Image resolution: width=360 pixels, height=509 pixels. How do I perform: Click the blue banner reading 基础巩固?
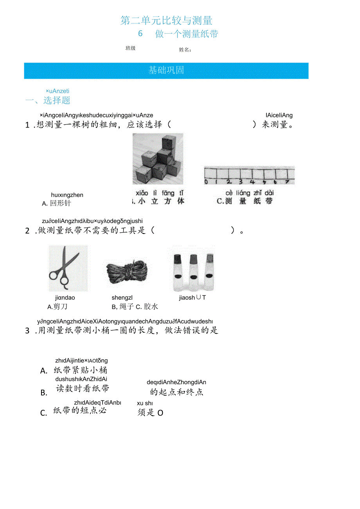tap(166, 70)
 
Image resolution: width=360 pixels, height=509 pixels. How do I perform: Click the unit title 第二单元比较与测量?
tap(166, 20)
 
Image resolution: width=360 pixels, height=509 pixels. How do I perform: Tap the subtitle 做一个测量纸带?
tap(186, 34)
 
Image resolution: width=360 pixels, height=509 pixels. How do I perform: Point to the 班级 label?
tap(130, 48)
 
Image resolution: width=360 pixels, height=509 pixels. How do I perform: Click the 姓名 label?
tap(185, 50)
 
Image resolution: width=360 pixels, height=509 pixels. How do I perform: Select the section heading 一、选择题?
tap(48, 101)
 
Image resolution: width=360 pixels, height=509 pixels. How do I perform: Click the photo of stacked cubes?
tap(158, 158)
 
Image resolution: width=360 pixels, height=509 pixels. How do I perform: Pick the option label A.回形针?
tap(57, 203)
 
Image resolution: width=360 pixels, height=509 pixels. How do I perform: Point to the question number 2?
tap(27, 231)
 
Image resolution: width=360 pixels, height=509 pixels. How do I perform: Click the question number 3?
tap(27, 331)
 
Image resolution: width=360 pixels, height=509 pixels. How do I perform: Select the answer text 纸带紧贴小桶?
tap(80, 370)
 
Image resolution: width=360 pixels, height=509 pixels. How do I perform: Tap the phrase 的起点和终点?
tap(176, 392)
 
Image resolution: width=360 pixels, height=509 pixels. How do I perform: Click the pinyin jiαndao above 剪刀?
tap(65, 298)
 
